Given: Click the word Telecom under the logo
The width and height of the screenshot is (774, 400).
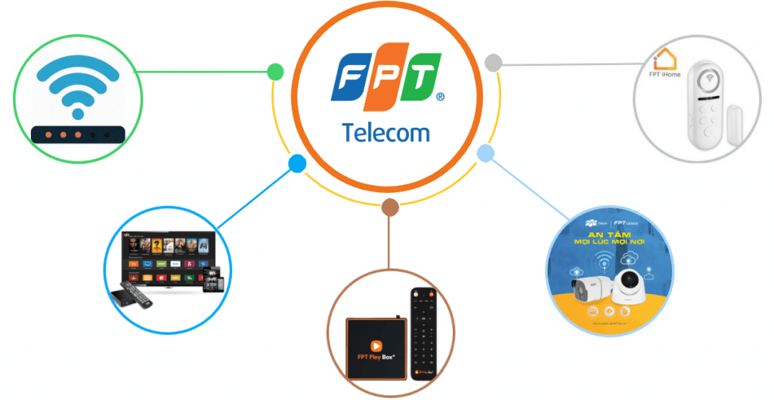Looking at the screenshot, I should pos(385,132).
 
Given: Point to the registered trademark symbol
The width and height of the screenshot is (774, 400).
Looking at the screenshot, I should pos(440,98).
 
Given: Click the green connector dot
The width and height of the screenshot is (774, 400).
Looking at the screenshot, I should pos(275,73).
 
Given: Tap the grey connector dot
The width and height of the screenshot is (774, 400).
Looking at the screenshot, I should pos(493,63).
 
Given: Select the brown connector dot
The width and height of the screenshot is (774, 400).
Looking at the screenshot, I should pos(389,207).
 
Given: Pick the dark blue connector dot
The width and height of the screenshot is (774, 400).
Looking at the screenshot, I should pos(297,163).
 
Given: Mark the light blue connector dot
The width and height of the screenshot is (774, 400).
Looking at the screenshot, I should pos(485,154).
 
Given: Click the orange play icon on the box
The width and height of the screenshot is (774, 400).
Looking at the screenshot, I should pos(376,340).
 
